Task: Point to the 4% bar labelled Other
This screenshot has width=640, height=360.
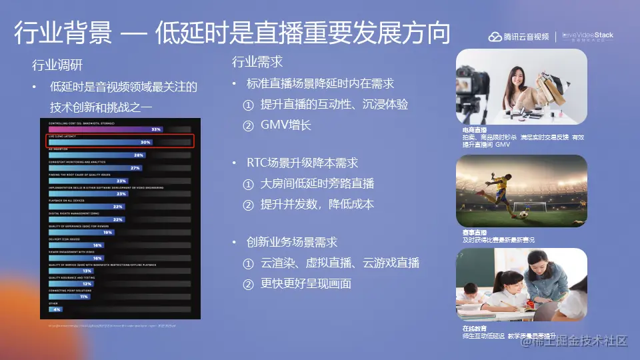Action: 55,309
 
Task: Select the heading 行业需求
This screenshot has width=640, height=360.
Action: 257,62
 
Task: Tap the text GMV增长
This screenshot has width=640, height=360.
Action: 286,125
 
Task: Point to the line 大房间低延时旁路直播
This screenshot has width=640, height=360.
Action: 317,183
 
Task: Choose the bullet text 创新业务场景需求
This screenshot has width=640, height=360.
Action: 292,242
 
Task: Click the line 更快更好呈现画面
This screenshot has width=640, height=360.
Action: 305,283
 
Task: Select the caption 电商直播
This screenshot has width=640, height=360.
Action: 474,129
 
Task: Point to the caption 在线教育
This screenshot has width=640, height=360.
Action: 474,329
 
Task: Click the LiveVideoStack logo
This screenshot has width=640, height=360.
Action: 587,37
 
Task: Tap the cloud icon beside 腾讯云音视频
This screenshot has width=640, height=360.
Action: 495,37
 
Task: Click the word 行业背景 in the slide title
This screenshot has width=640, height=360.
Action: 63,33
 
